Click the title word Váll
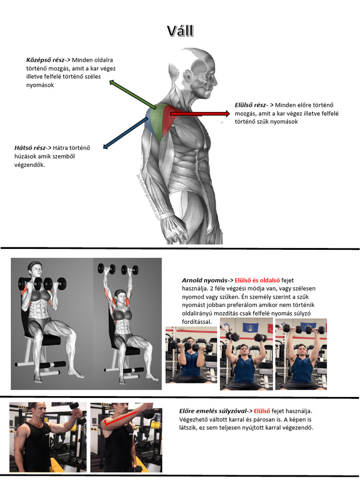click(x=180, y=31)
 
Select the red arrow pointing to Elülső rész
click(x=200, y=114)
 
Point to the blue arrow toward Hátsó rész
click(x=125, y=133)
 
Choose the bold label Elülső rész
click(x=250, y=105)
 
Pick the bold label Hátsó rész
click(x=30, y=148)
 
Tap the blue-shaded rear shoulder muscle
click(x=149, y=120)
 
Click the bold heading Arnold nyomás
click(x=205, y=280)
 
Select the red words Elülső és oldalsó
click(x=257, y=280)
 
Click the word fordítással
click(x=197, y=322)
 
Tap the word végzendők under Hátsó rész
click(x=30, y=165)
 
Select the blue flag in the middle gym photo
click(x=248, y=327)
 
